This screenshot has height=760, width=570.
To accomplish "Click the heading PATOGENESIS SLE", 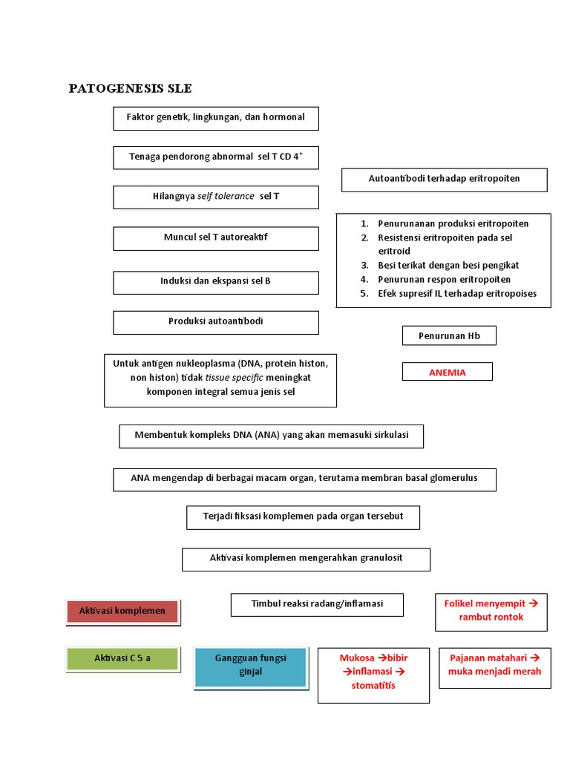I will click(130, 88).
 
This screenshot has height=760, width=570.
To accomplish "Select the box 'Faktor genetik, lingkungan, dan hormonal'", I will click(216, 118).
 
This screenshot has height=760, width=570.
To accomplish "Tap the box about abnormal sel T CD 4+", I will click(216, 157).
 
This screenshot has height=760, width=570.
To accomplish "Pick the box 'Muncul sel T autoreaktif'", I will click(216, 237).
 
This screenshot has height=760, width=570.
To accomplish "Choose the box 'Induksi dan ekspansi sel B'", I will click(216, 281).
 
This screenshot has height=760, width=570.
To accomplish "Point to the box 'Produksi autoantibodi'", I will click(216, 321).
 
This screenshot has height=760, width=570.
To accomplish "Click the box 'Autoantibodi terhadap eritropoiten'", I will click(444, 179).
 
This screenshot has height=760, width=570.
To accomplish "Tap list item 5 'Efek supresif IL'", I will click(456, 293).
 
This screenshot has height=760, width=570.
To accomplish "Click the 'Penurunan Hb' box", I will click(449, 335).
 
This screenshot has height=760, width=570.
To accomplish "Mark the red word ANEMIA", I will click(448, 373).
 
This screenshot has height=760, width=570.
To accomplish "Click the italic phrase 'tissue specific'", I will click(234, 377).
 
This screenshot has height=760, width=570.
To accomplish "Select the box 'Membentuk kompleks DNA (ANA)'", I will click(271, 436).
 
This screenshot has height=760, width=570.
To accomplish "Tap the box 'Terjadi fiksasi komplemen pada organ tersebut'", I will click(303, 517).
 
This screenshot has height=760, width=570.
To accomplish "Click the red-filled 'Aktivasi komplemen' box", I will click(122, 611).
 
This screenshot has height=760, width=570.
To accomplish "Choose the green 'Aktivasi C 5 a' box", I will click(122, 658).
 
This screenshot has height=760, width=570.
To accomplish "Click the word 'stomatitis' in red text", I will click(373, 685).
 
